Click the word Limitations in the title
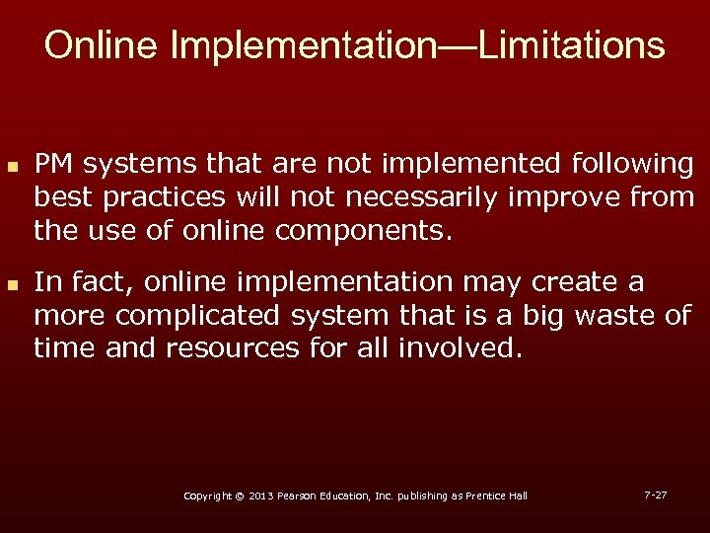572,45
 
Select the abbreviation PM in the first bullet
55,163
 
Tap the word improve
566,197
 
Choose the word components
363,232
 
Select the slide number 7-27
655,494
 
